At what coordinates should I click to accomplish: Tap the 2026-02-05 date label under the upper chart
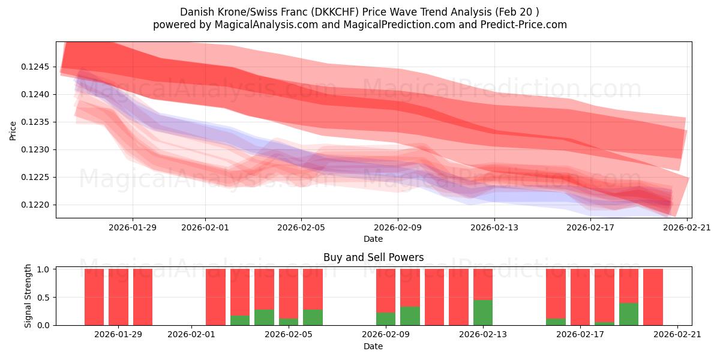(x=301, y=227)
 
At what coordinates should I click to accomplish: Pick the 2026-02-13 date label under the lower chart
(x=483, y=335)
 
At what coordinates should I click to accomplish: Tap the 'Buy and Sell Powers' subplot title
(x=373, y=257)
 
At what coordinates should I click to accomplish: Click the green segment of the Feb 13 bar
(x=483, y=313)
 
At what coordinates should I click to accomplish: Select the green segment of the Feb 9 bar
(x=386, y=319)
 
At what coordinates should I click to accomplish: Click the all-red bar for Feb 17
(x=580, y=297)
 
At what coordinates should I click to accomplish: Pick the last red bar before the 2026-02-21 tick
(x=653, y=297)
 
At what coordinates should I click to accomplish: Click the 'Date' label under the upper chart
(x=373, y=239)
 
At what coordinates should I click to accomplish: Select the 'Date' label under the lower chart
(x=373, y=346)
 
